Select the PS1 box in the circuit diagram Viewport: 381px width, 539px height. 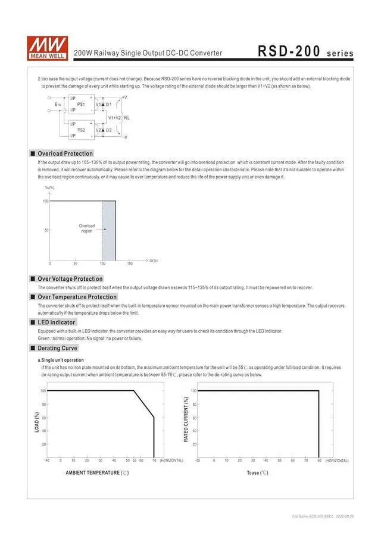click(81, 104)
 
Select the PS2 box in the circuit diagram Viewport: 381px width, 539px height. click(81, 130)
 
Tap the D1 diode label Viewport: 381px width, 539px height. click(108, 104)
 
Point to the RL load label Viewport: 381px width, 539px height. click(127, 118)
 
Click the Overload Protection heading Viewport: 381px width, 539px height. click(65, 153)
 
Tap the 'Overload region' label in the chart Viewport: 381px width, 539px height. click(87, 228)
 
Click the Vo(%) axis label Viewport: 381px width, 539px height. click(49, 188)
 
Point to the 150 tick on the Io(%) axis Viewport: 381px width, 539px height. click(130, 263)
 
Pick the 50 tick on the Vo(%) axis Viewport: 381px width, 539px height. click(46, 230)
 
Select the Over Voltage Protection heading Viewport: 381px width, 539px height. click(70, 278)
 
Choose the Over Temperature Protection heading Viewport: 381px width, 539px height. click(77, 297)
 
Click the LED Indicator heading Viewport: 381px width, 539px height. click(56, 322)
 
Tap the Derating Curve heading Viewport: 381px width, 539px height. click(57, 348)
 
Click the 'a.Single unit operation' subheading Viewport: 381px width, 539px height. click(61, 360)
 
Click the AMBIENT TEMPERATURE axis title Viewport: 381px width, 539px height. click(97, 473)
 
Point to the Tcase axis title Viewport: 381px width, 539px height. click(257, 473)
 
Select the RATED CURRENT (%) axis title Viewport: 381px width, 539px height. click(186, 419)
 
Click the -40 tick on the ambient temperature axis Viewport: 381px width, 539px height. click(47, 460)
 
